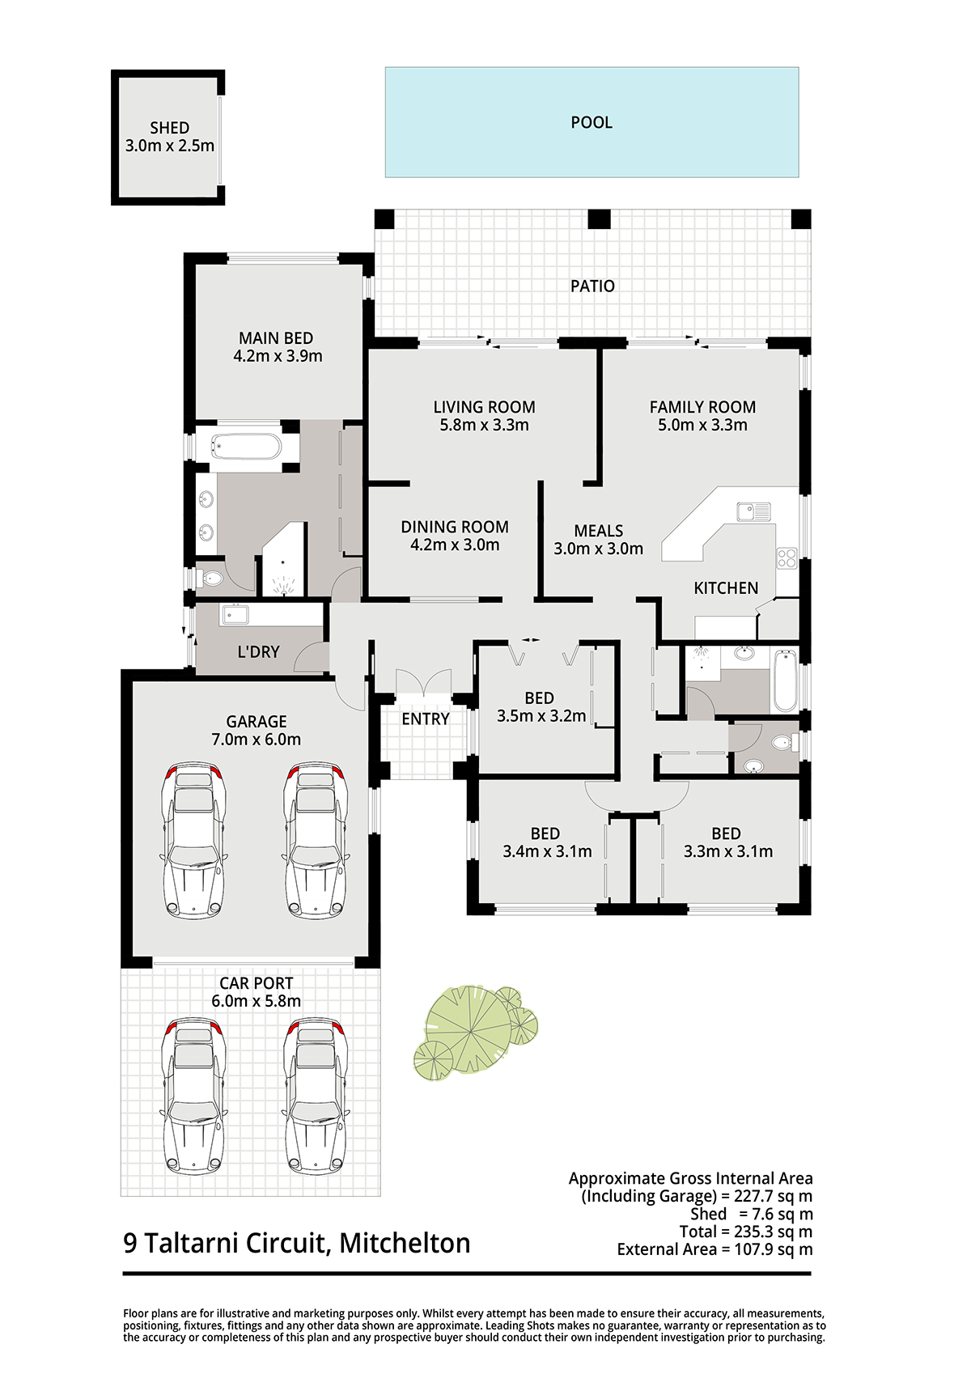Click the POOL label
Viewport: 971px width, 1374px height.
pos(592,123)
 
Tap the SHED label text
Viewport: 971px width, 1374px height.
pos(169,128)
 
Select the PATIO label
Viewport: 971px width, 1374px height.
pos(592,286)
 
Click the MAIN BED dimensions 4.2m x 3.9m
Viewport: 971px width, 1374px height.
pos(278,356)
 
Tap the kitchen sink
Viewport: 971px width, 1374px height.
pos(754,511)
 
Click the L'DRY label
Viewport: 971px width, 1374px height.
pos(258,651)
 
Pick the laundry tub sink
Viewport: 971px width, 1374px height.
pos(234,614)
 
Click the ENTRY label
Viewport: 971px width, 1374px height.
pos(425,719)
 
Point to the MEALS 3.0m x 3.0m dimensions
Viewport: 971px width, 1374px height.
pos(598,549)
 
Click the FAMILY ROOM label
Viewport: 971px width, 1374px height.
pos(702,407)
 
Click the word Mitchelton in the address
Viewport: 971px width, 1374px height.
pos(405,1243)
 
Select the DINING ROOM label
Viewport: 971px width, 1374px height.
pos(455,527)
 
